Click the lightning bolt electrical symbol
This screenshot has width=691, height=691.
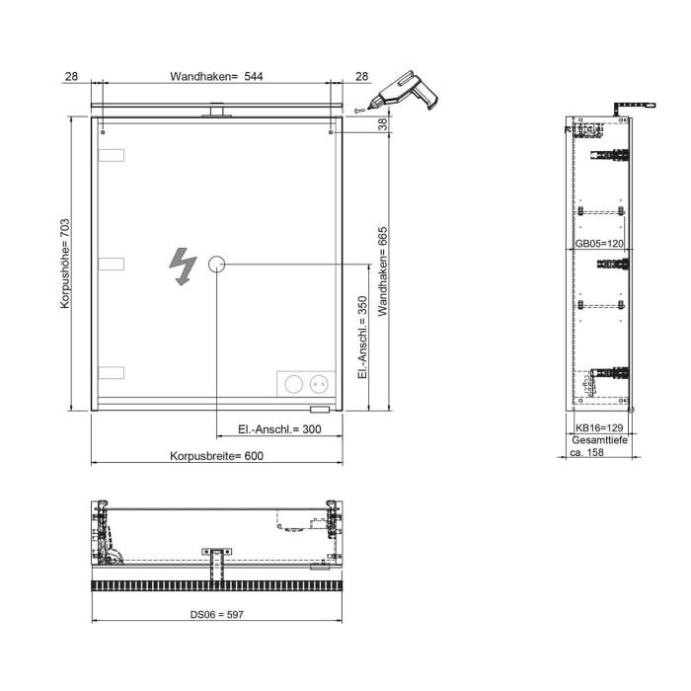coord(182,265)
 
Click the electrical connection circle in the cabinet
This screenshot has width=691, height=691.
coord(217,264)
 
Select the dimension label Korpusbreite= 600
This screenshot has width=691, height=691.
coord(216,456)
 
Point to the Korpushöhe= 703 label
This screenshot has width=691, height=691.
coord(65,265)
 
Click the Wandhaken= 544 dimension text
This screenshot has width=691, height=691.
coord(216,76)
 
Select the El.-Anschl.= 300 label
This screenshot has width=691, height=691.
coord(279,429)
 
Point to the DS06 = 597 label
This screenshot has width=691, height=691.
coord(216,614)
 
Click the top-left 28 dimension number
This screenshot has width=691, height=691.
coord(71,76)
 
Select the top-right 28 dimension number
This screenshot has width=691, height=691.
coord(361,76)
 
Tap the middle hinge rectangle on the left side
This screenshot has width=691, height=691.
coord(112,264)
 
